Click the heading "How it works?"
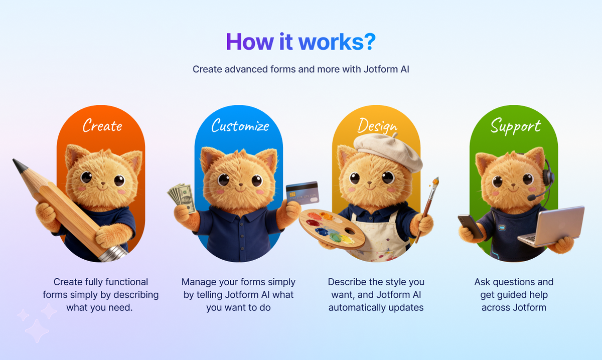[300, 42]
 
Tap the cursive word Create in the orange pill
[102, 125]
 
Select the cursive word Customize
[240, 125]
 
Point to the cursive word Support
[515, 125]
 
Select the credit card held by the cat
[302, 192]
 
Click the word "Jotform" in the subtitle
[377, 69]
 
